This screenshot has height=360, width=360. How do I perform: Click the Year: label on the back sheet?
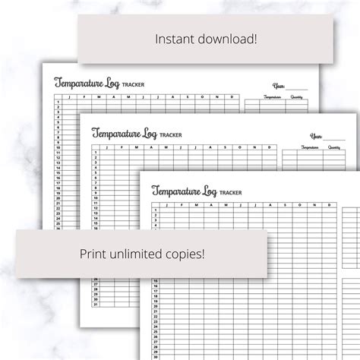coord(279,85)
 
